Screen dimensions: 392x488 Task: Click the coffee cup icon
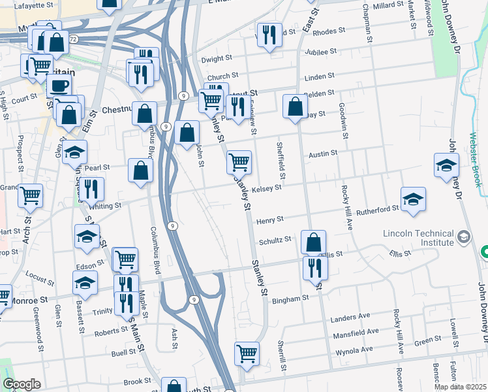(59, 86)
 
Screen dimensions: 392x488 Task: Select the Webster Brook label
(474, 159)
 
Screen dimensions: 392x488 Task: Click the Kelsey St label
(266, 188)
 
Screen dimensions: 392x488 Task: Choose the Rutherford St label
(380, 208)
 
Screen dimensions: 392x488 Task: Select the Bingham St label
(290, 299)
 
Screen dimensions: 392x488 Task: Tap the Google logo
(21, 384)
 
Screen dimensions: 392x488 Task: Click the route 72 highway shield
(73, 40)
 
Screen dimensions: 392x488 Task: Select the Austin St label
(323, 153)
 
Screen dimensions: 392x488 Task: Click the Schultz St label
(275, 240)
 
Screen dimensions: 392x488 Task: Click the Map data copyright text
(460, 387)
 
